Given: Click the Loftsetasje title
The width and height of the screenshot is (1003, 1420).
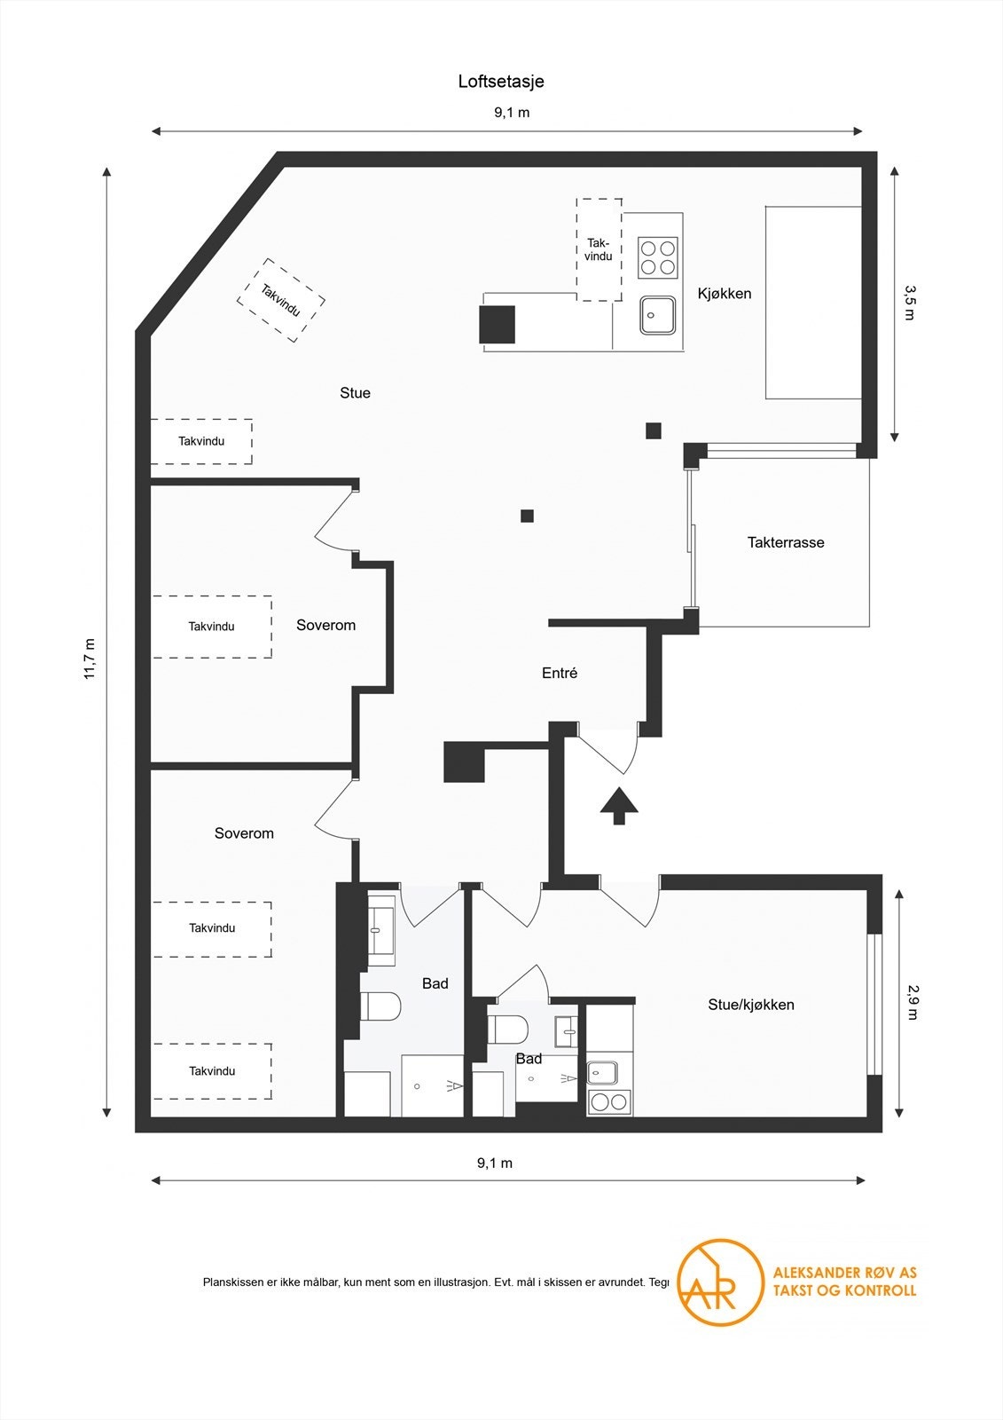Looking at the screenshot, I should coord(501,82).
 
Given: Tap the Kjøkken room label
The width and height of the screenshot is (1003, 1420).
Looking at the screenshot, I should coord(724,294).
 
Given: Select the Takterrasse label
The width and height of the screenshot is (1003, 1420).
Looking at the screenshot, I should coord(785,542).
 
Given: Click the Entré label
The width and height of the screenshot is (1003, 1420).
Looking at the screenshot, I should coord(559,674).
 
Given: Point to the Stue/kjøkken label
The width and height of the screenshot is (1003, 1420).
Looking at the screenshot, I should coord(750,1005).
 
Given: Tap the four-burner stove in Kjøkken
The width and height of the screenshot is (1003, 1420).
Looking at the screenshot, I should coord(658,256).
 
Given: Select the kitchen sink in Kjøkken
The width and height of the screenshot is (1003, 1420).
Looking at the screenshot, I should coord(658,315).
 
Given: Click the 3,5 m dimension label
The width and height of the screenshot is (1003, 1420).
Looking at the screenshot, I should coord(908,303).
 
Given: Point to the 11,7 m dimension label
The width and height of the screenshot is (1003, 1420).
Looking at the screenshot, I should coord(90,659).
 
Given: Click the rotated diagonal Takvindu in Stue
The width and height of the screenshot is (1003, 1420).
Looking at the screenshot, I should coord(280,300).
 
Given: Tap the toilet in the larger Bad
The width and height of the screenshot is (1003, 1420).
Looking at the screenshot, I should coord(380,1006).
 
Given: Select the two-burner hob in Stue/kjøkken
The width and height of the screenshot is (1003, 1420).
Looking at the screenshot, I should coord(609,1102).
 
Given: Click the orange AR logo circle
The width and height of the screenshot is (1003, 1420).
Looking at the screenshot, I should coord(719,1282).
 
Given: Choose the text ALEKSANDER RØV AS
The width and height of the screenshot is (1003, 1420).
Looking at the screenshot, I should coord(844,1273).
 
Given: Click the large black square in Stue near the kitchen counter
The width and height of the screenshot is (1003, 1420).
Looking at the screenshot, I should coord(497,324).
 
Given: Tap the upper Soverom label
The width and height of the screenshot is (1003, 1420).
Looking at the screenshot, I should coord(325,626).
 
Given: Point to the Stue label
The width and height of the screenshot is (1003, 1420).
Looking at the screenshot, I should coord(355,393).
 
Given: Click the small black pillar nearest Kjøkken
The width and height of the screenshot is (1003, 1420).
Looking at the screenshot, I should coord(654,431).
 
